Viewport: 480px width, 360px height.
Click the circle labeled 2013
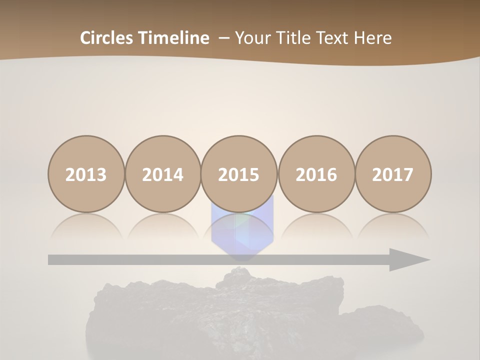[86, 174]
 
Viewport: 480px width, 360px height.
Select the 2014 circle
[162, 174]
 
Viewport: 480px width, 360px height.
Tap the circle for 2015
[239, 174]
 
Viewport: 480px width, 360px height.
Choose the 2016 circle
[316, 174]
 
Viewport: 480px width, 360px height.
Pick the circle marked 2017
[392, 174]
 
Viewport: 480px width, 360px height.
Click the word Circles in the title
[107, 38]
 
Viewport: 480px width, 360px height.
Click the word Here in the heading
[373, 38]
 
